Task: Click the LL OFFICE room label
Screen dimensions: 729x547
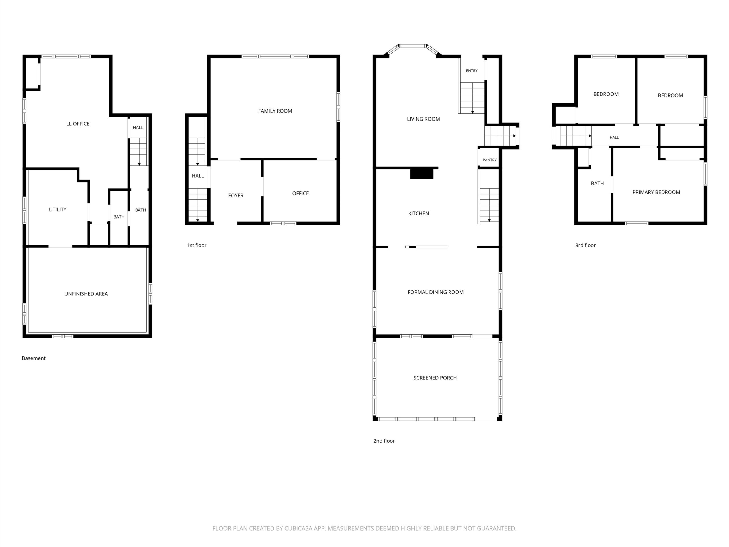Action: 78,124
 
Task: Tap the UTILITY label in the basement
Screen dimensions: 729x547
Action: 58,209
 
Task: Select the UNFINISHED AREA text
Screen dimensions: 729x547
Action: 86,294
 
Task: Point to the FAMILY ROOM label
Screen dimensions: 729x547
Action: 275,111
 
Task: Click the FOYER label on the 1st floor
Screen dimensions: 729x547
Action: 236,195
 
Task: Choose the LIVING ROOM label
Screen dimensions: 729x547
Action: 423,119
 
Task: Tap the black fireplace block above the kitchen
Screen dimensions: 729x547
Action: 421,174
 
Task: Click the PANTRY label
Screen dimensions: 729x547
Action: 490,160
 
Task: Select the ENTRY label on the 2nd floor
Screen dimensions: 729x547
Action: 472,71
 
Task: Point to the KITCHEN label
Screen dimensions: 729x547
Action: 419,213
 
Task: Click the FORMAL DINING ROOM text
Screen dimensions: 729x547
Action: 435,292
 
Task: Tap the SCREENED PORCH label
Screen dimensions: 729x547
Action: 435,378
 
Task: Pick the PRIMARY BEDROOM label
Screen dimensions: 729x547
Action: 656,192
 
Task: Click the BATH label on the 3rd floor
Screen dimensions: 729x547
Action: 597,183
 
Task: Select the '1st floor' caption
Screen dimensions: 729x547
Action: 197,245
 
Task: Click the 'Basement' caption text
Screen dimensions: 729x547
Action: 34,358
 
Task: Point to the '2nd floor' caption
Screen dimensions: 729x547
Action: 384,441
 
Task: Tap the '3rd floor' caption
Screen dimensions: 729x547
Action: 585,245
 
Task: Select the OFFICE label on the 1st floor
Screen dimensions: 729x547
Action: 300,193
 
